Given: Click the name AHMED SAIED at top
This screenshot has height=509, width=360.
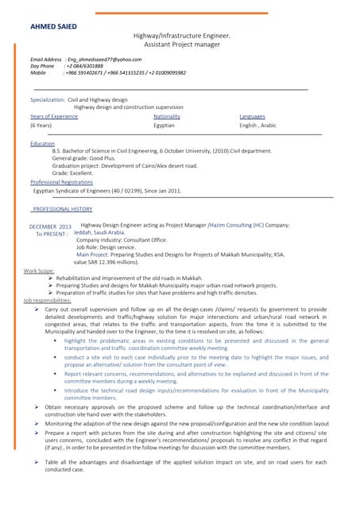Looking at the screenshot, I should (53, 26).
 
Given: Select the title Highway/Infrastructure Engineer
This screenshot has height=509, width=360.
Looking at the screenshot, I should (182, 36).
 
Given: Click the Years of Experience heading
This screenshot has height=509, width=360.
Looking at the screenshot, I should (54, 116).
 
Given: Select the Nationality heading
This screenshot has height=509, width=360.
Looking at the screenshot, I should (167, 116).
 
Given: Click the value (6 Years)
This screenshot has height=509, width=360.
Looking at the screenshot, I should (41, 126).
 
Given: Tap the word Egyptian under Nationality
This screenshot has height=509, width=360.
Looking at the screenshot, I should (165, 126).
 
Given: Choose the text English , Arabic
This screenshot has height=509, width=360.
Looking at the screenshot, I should (258, 126).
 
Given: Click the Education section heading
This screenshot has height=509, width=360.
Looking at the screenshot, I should (42, 143).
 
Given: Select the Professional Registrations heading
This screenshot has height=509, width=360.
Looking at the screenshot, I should (61, 182).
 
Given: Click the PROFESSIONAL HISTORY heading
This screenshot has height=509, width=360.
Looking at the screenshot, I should (63, 208).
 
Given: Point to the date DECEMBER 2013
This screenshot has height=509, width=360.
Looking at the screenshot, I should (50, 227).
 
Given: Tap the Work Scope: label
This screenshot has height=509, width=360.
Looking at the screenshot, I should (39, 270).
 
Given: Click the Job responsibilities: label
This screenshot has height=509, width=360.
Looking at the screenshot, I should (47, 300).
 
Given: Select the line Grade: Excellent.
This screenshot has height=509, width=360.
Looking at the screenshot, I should (72, 173).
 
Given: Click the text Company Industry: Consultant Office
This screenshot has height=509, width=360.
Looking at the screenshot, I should (122, 239).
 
